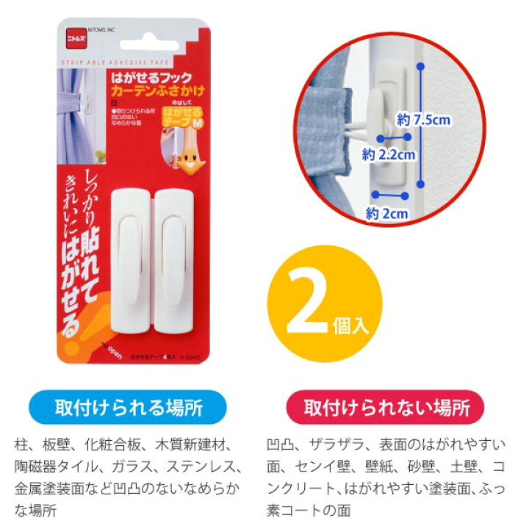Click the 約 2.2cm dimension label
click(389, 155)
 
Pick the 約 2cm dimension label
click(387, 213)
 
